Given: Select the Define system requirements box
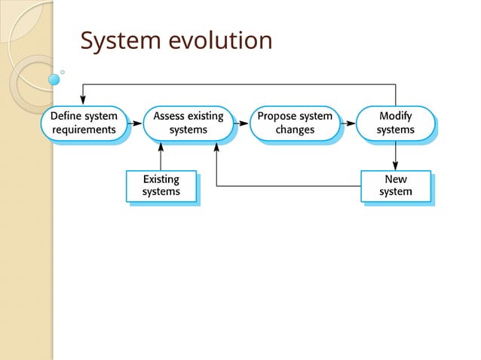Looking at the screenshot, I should coord(84,123).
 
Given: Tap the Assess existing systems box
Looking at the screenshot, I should coord(188,123).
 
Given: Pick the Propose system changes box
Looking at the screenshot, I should coord(295,123).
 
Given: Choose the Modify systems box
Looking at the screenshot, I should coord(396,123).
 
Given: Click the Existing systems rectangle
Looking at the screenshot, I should coord(161,185).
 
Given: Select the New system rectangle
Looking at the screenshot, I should coord(396,185).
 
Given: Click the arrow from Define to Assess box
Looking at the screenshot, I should coord(135,123).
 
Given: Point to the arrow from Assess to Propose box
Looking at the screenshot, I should coord(241,123).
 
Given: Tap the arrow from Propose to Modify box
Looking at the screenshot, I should coord(348,123).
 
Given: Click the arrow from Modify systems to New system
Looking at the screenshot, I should coord(396,156).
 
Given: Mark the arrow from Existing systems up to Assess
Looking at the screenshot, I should coord(161,156).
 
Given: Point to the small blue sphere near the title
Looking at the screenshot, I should coord(54,79).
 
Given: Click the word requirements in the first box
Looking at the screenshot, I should coord(84,130).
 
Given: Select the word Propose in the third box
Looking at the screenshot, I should coord(276,117).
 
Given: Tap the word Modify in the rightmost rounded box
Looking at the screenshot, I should coord(396,117).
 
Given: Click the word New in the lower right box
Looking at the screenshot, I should coord(396,179).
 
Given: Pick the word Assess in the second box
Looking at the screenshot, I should coord(170,117).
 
